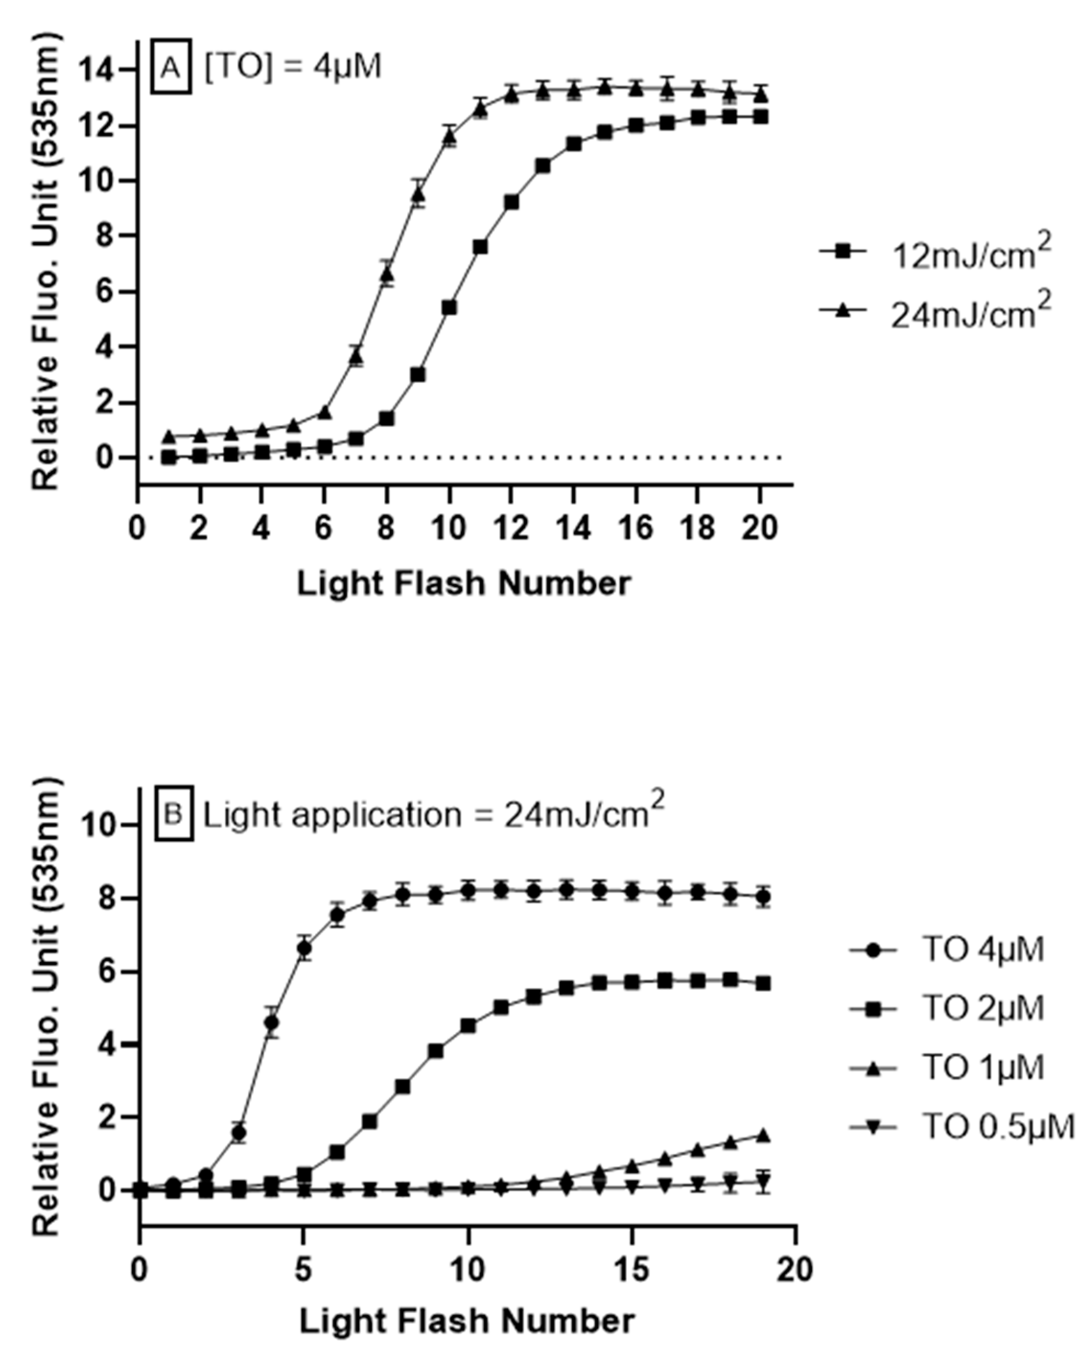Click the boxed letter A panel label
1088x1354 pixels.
(171, 67)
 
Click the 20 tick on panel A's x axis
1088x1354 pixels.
(760, 528)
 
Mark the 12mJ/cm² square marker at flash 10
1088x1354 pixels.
(449, 308)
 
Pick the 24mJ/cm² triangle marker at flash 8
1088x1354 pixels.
(387, 275)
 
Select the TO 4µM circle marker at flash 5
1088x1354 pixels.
(304, 950)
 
